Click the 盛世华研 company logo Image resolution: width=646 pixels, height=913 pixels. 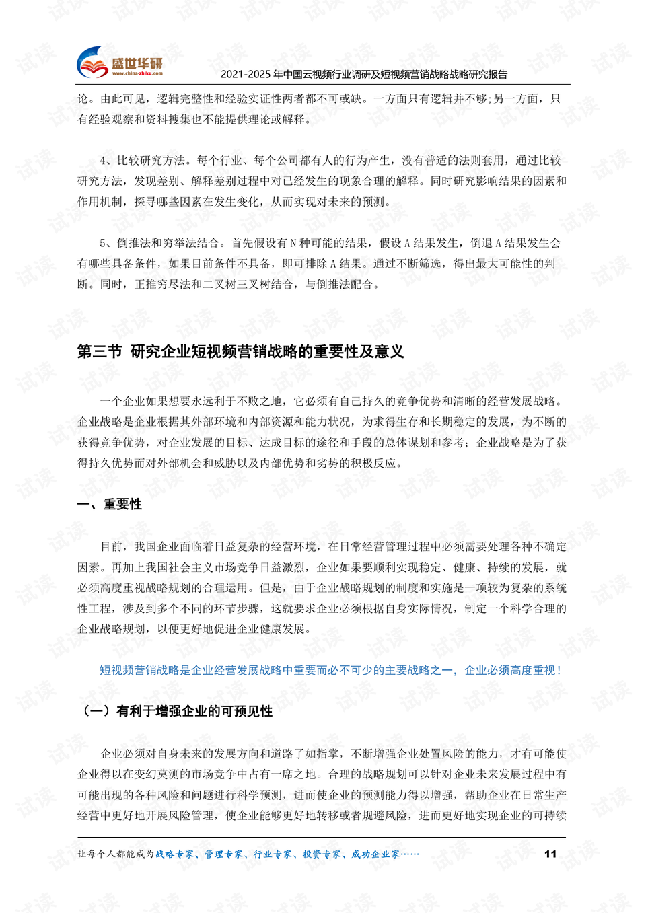[x=120, y=63]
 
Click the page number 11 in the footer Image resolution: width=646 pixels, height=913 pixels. [x=550, y=854]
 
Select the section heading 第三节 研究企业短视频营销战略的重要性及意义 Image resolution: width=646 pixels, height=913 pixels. [x=240, y=351]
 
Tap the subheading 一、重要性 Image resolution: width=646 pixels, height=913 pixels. [x=110, y=504]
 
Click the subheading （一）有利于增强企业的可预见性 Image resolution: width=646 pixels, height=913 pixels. [x=177, y=711]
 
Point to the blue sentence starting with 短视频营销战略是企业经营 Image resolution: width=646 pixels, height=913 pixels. [x=330, y=670]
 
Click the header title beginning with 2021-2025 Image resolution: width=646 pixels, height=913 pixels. [x=364, y=75]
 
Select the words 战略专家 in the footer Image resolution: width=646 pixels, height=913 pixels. [x=175, y=854]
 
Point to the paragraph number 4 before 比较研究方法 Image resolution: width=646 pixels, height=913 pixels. [x=103, y=160]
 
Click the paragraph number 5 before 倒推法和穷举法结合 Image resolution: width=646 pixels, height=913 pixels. [x=103, y=243]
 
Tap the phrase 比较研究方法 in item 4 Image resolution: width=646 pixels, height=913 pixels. [x=151, y=160]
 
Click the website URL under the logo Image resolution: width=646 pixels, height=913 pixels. [x=137, y=73]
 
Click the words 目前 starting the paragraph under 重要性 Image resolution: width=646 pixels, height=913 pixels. [x=112, y=546]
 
